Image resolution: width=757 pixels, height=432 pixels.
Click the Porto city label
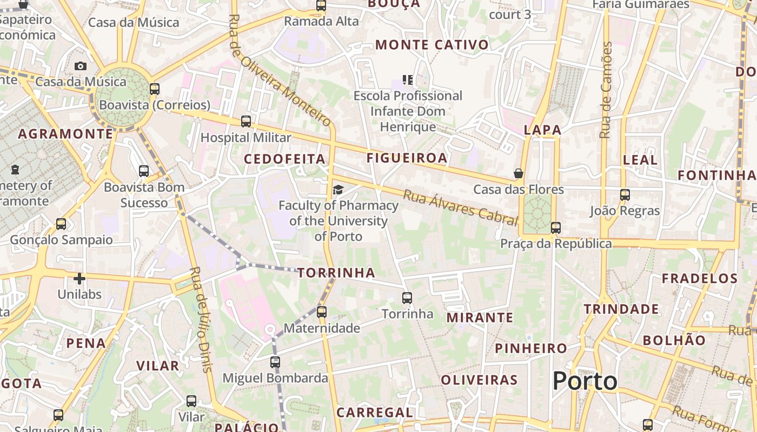click(585, 381)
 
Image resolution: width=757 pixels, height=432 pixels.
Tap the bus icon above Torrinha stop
click(407, 298)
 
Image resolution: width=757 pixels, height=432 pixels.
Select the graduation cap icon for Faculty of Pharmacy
click(338, 190)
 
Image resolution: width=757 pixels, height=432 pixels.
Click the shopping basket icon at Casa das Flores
click(518, 173)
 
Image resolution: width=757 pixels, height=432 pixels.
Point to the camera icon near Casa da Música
click(81, 66)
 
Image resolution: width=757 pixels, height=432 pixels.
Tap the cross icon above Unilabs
click(79, 279)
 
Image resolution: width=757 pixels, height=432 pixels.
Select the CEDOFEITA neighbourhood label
click(285, 159)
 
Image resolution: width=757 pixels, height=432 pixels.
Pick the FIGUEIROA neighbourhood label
click(407, 158)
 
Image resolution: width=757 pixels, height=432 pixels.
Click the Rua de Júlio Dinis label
click(200, 319)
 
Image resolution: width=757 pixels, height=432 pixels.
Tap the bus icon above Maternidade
click(322, 312)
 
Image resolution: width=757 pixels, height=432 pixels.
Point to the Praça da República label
click(556, 244)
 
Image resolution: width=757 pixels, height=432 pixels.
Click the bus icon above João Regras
click(625, 195)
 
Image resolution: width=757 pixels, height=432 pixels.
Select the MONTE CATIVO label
click(432, 45)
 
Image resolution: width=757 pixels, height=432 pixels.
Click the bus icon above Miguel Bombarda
click(275, 362)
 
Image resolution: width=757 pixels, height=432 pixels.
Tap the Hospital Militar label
click(246, 138)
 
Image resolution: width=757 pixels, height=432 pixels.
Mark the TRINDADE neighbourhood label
click(621, 309)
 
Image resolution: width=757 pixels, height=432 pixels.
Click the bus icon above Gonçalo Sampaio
click(61, 224)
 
